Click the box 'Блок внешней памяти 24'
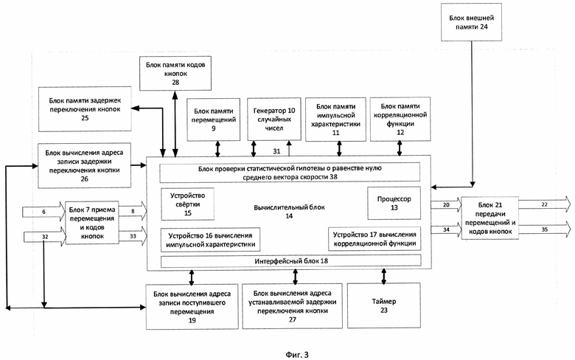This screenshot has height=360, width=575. [x=471, y=22]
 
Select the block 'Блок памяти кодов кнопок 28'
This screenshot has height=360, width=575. [x=175, y=73]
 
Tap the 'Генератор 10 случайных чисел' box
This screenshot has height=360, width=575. [x=274, y=120]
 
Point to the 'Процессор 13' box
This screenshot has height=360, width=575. [x=394, y=204]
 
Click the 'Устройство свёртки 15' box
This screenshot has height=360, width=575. [x=188, y=204]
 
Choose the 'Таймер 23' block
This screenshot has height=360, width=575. [x=384, y=305]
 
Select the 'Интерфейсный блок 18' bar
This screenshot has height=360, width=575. [x=290, y=261]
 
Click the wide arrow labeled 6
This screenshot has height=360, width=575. [x=43, y=212]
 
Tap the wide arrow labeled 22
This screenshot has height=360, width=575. [x=545, y=204]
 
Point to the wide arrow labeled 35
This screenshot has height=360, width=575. [x=545, y=229]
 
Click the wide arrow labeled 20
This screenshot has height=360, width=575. [x=446, y=205]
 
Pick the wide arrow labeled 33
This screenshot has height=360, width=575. [x=133, y=236]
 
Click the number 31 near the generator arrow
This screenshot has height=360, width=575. [x=276, y=150]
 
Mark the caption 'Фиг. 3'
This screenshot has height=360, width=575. [x=297, y=355]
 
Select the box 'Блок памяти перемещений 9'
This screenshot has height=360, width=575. [x=214, y=120]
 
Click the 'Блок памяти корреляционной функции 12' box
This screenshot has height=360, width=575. [x=400, y=120]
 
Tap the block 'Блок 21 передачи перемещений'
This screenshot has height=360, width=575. [x=490, y=218]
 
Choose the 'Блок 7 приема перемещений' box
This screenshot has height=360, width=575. [x=92, y=223]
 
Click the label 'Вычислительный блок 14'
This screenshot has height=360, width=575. [x=289, y=212]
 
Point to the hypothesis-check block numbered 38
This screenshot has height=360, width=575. [x=290, y=173]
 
